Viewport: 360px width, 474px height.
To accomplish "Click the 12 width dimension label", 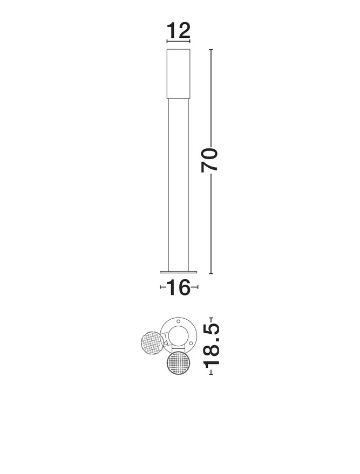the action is [179, 30].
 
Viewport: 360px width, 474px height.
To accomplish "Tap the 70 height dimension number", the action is [209, 160].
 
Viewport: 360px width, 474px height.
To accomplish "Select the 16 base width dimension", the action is [179, 287].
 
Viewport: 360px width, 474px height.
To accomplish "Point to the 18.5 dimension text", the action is [211, 346].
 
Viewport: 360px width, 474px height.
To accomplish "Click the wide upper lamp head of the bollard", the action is [179, 74].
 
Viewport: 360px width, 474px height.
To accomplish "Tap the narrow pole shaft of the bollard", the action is [179, 185].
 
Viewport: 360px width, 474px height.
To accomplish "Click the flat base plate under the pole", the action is [179, 272].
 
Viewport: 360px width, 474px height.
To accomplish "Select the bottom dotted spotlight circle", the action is [178, 363].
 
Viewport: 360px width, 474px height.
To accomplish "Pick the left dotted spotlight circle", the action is [152, 343].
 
